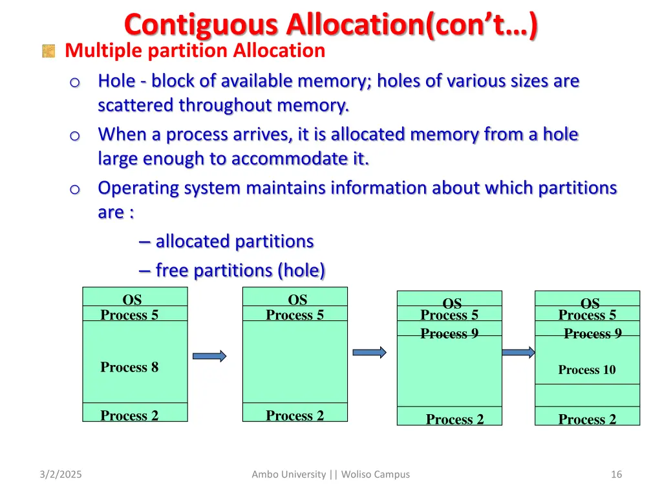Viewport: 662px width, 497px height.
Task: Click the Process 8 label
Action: pyautogui.click(x=129, y=368)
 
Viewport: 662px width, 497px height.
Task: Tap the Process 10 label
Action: pyautogui.click(x=587, y=370)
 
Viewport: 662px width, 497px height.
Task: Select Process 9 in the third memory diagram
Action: pyautogui.click(x=449, y=334)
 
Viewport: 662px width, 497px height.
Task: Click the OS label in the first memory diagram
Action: pyautogui.click(x=132, y=300)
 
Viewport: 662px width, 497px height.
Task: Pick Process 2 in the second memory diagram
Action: pyautogui.click(x=295, y=415)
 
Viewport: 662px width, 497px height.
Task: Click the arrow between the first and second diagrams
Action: pyautogui.click(x=209, y=356)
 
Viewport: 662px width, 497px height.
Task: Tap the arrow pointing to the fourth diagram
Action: pyautogui.click(x=518, y=353)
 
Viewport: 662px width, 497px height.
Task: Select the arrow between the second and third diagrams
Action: pyautogui.click(x=368, y=353)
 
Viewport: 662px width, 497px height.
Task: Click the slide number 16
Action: pyautogui.click(x=616, y=474)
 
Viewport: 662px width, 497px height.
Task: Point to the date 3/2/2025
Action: pyautogui.click(x=60, y=474)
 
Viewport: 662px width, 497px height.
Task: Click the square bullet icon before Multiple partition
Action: pyautogui.click(x=48, y=51)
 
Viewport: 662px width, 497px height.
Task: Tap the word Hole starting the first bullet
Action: pyautogui.click(x=116, y=81)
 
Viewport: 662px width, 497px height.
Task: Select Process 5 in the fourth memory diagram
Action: pyautogui.click(x=587, y=315)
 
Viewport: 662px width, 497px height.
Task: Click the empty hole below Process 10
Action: pyautogui.click(x=587, y=395)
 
